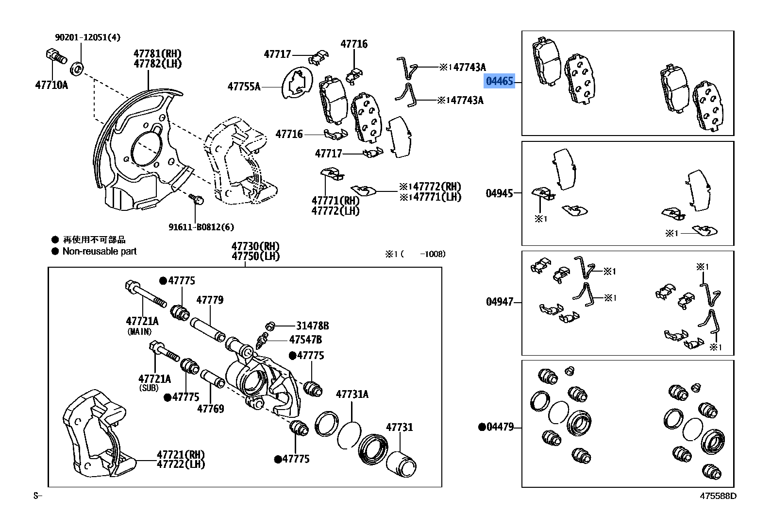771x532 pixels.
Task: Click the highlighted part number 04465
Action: (x=500, y=82)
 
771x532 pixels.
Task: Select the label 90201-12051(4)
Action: (x=87, y=37)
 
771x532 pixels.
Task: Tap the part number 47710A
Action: (x=51, y=86)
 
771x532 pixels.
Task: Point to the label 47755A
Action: (x=244, y=87)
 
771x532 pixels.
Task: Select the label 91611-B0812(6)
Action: (x=201, y=227)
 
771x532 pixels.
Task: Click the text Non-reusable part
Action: (x=99, y=252)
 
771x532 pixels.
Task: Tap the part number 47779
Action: (x=210, y=300)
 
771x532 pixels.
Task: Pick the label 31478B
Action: (x=312, y=326)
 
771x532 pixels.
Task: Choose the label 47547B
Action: (x=305, y=340)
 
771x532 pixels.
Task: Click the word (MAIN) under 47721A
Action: (x=139, y=332)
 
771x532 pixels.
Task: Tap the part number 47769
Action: (x=210, y=409)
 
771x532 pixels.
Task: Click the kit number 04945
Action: (x=499, y=193)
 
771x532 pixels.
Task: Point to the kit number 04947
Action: (x=499, y=302)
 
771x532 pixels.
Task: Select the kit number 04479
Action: (x=500, y=427)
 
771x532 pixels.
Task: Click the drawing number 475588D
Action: (x=718, y=496)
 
